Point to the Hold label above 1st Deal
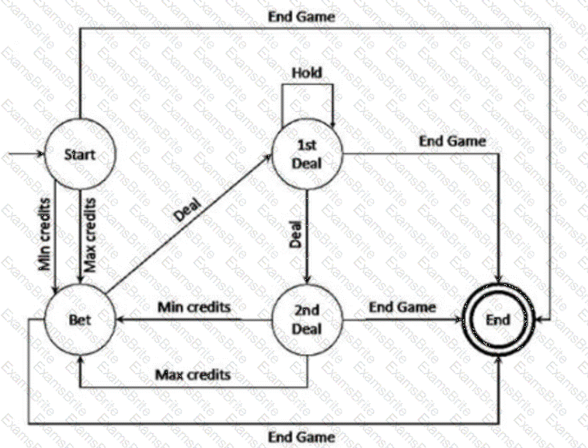(x=307, y=73)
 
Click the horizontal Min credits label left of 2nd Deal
(x=194, y=308)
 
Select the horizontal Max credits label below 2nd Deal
(x=194, y=373)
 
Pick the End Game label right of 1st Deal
(x=451, y=140)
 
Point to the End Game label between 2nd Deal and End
(x=403, y=307)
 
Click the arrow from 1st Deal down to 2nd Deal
(x=307, y=235)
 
